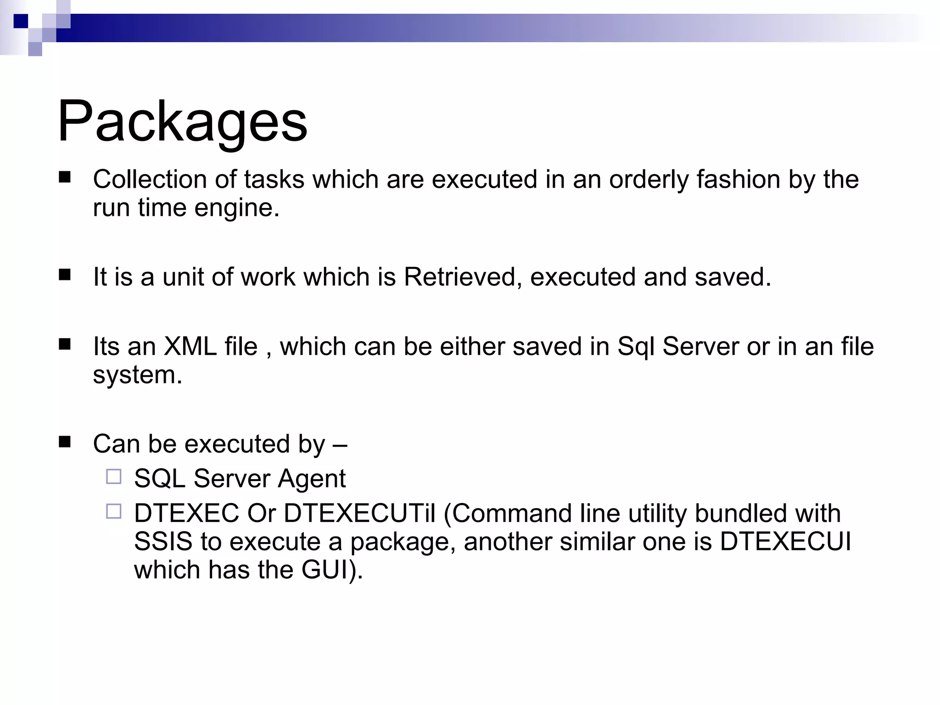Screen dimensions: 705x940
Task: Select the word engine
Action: pyautogui.click(x=236, y=208)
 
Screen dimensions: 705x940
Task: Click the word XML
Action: pyautogui.click(x=190, y=346)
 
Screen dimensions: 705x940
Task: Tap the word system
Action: pyautogui.click(x=137, y=375)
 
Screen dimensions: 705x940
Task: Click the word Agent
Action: pyautogui.click(x=312, y=478)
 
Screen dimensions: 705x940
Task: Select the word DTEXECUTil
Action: pyautogui.click(x=359, y=513)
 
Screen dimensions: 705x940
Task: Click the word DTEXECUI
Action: pyautogui.click(x=785, y=542)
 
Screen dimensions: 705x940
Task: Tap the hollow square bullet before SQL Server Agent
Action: pyautogui.click(x=114, y=477)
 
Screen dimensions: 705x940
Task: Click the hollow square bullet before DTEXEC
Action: pyautogui.click(x=114, y=512)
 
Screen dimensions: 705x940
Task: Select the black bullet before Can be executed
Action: pyautogui.click(x=65, y=442)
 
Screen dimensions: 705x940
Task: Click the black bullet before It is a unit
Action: pyautogui.click(x=65, y=275)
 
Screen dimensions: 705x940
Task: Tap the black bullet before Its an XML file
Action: pyautogui.click(x=65, y=344)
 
